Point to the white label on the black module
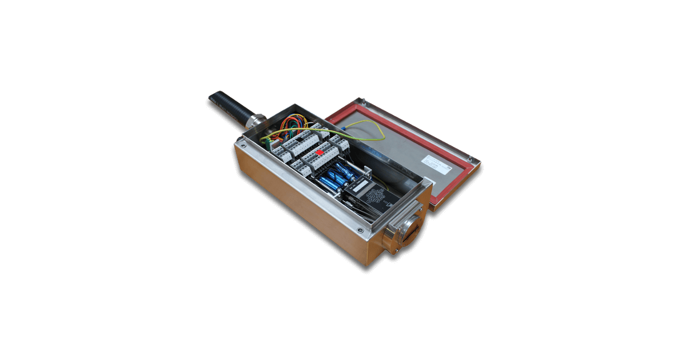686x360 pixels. (x=361, y=186)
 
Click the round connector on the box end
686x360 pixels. (x=408, y=232)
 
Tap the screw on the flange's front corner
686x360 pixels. (x=360, y=231)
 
